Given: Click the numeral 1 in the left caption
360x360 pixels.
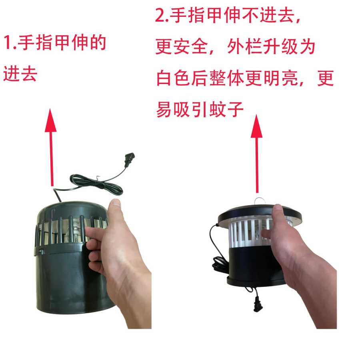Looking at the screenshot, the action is [x=7, y=42].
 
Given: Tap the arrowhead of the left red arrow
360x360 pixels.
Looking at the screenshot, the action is [x=50, y=120].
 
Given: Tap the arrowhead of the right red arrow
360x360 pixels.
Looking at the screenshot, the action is [x=256, y=126].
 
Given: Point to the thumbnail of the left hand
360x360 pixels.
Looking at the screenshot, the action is [x=116, y=203].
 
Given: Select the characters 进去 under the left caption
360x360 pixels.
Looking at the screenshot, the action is [x=20, y=74].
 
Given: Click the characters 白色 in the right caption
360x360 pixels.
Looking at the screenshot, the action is [x=174, y=78].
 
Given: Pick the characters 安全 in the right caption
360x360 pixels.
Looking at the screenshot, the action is [x=190, y=47].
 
